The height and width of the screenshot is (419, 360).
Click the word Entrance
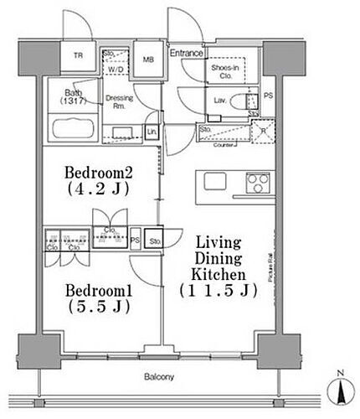(187, 54)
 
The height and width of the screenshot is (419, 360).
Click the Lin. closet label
(151, 132)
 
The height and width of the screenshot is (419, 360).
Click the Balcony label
(162, 378)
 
